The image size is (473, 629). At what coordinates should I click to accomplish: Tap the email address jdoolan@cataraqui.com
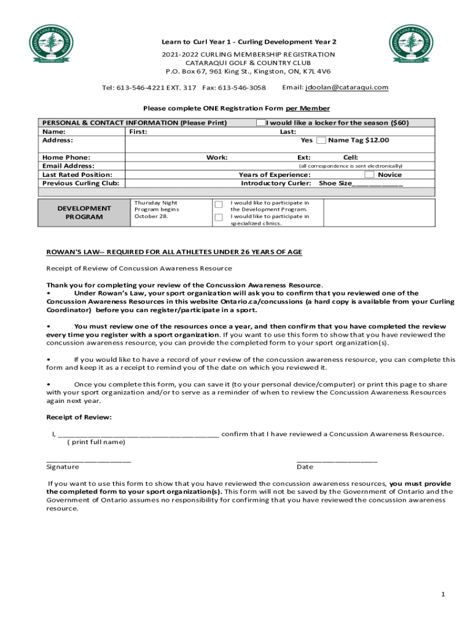347,87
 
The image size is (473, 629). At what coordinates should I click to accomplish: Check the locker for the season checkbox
261,123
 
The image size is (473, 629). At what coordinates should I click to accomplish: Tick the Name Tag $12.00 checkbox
321,141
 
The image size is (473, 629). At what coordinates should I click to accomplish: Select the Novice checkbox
370,175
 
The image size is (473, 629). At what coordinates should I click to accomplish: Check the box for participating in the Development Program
218,205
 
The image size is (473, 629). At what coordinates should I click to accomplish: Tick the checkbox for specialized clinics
218,217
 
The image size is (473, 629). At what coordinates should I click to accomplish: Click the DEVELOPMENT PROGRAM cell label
84,213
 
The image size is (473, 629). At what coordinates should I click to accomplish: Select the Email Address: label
68,166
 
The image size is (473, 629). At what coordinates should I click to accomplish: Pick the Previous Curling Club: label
80,183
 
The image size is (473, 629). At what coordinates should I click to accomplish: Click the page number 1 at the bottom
442,594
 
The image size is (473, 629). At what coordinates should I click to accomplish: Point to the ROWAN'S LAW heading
174,252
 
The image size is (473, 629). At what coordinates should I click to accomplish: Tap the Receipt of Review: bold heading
79,418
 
